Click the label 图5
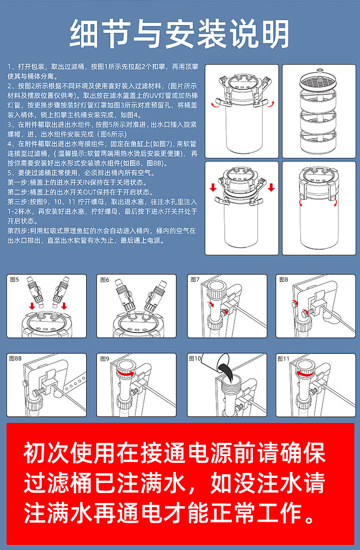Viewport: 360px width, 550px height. (x=14, y=280)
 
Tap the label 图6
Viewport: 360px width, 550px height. (x=104, y=280)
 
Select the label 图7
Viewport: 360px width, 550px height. (x=195, y=280)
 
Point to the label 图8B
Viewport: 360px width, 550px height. (x=15, y=358)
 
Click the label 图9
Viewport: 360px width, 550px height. (x=104, y=359)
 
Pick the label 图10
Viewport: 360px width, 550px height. (x=195, y=358)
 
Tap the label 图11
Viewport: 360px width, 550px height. (x=283, y=359)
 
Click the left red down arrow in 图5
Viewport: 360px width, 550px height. (x=32, y=306)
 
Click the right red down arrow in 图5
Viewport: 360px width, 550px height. (x=64, y=306)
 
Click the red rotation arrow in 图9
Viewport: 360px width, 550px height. (x=125, y=373)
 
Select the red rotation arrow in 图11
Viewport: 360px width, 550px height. (x=305, y=373)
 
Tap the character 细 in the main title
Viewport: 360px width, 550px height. (x=84, y=34)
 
